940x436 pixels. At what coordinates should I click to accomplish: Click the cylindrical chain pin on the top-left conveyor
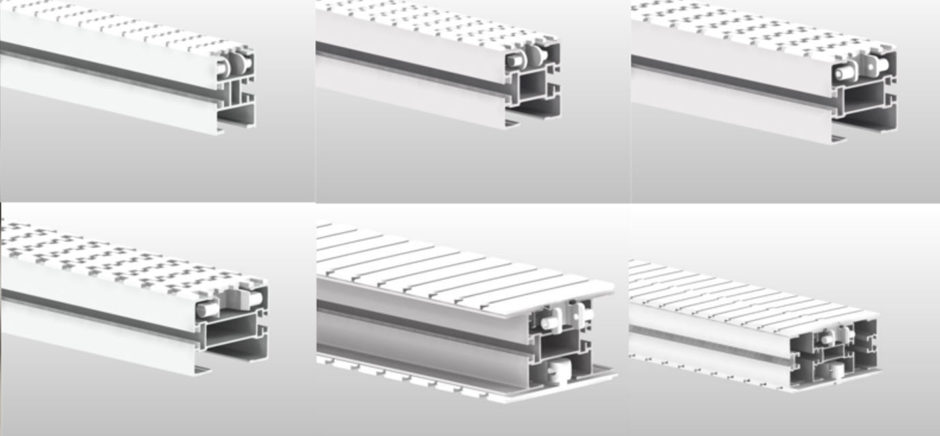(223, 67)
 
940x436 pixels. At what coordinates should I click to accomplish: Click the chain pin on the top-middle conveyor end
(514, 61)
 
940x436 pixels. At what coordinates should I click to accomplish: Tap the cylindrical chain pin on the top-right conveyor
(845, 71)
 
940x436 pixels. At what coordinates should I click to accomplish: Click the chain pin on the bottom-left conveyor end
(208, 310)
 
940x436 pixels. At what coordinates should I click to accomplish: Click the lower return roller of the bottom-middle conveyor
(560, 371)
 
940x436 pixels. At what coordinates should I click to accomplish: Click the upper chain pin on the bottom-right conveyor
(826, 338)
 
